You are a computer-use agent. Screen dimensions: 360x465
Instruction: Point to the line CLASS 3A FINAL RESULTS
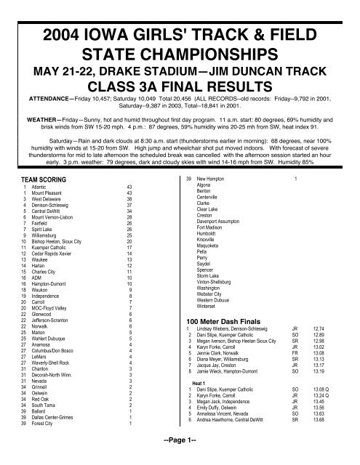point(180,74)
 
